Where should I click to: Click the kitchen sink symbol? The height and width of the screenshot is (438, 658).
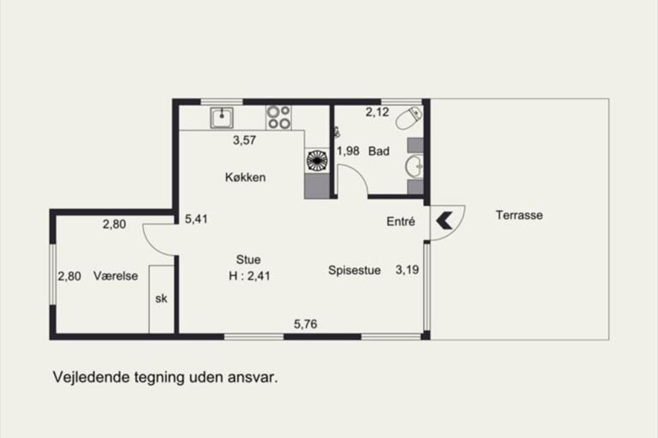(x=222, y=118)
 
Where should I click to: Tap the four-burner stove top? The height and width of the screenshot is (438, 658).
(x=279, y=118)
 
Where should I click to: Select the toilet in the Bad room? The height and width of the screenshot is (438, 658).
(x=409, y=118)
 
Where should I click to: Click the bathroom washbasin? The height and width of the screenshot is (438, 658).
(x=414, y=166)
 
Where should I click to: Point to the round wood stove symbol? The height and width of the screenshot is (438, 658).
(x=317, y=160)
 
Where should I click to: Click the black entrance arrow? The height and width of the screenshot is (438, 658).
(x=444, y=220)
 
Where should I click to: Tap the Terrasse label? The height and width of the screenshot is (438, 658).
(x=519, y=215)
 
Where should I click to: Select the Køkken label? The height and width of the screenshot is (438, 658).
(x=246, y=177)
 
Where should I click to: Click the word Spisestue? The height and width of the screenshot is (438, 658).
(x=355, y=270)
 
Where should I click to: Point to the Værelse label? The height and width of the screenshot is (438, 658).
(x=116, y=276)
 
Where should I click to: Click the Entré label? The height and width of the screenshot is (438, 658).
(x=401, y=222)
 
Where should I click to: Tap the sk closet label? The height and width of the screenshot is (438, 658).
(x=161, y=298)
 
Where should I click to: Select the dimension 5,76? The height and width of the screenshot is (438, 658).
(x=305, y=324)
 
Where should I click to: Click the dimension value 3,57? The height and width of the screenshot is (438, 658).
(x=245, y=140)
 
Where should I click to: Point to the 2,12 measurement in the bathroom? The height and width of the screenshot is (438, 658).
(x=377, y=112)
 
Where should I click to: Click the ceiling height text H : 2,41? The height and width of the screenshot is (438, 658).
(x=249, y=276)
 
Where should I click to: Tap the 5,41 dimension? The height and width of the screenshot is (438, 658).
(x=196, y=219)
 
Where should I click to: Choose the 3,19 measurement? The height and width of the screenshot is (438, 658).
(x=407, y=270)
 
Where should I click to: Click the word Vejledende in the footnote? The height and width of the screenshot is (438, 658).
(x=91, y=377)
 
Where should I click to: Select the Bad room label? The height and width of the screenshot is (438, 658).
(x=379, y=151)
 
